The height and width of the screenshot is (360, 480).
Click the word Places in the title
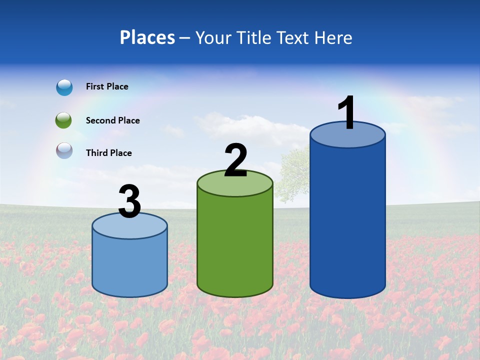147,37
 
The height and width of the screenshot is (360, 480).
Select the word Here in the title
334,37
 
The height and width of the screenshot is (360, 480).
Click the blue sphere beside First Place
64,87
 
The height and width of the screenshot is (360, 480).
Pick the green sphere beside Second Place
64,120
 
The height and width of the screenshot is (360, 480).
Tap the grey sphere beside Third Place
64,151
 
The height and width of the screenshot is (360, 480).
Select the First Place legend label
107,86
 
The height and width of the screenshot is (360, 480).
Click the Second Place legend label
112,120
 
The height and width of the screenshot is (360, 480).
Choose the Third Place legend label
108,153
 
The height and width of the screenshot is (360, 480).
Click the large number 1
346,113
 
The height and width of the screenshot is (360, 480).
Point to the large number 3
130,202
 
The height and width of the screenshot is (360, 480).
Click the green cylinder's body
235,245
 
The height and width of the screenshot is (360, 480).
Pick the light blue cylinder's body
129,265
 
